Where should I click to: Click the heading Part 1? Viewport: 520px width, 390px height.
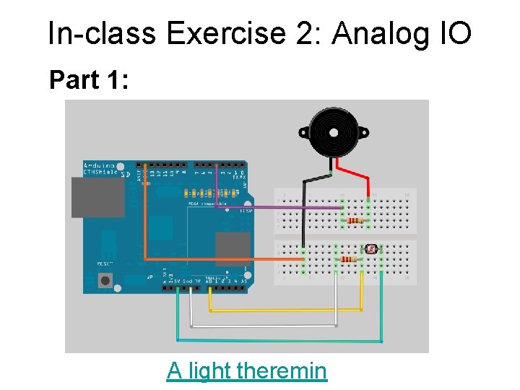[x=89, y=80]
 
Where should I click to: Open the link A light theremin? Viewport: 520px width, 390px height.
[x=246, y=370]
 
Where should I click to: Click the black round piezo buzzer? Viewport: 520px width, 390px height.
[x=334, y=131]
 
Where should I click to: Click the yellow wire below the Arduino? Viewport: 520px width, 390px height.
[x=289, y=310]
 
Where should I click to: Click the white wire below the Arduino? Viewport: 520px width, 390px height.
[x=260, y=326]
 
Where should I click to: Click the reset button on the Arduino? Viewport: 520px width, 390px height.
[x=105, y=280]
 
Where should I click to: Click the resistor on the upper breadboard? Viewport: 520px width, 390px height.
[x=355, y=220]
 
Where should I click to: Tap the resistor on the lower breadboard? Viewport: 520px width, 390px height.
[x=349, y=259]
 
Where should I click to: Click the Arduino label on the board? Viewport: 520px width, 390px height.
[x=98, y=165]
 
